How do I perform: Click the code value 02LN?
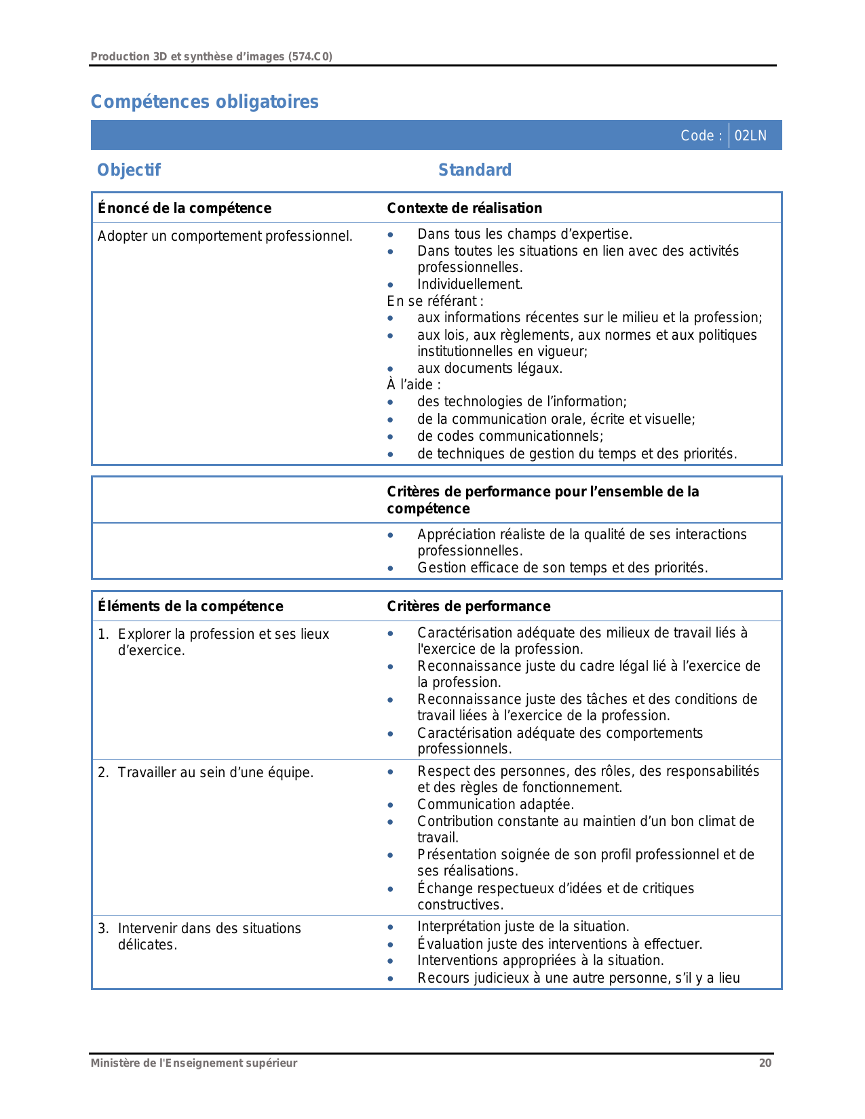click(750, 136)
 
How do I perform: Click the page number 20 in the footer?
click(765, 1063)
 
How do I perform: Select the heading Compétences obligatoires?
click(204, 102)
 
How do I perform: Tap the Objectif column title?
click(129, 170)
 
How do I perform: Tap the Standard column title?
click(474, 170)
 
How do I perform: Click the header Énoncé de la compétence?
click(184, 208)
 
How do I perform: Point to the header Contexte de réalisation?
click(464, 208)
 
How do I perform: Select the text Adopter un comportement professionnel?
click(225, 236)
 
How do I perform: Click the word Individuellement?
click(469, 284)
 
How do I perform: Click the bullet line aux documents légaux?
click(489, 368)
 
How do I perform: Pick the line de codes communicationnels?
click(510, 436)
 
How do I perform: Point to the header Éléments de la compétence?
click(190, 606)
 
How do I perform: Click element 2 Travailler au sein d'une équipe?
click(215, 772)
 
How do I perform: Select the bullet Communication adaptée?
click(495, 804)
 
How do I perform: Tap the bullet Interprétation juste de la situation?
click(523, 926)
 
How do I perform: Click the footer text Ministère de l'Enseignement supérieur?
click(194, 1063)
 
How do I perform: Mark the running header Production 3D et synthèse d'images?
click(211, 57)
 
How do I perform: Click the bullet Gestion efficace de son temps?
click(562, 568)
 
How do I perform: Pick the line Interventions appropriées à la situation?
click(540, 960)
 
